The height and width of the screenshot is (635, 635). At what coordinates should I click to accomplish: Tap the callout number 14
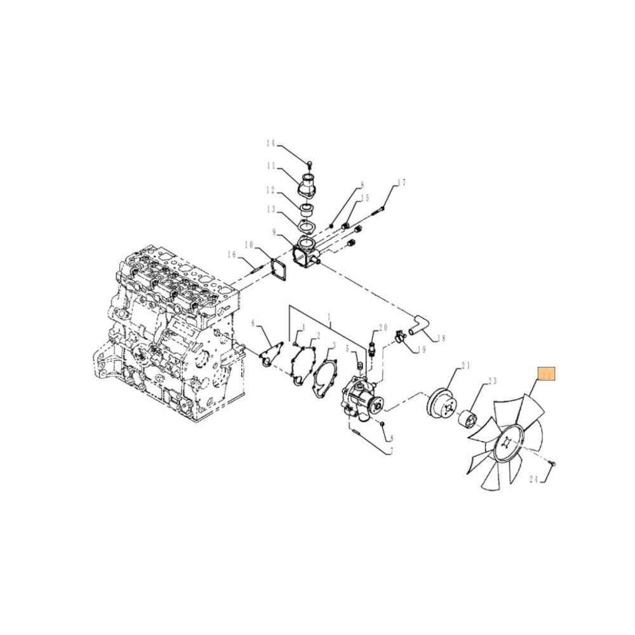pos(271,143)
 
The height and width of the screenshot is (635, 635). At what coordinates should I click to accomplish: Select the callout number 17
pos(400,184)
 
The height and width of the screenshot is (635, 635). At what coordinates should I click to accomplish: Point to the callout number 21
pos(465,366)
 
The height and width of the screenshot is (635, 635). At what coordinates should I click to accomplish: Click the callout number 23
pos(491,382)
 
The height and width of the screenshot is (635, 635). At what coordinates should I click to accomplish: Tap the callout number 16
pos(232,255)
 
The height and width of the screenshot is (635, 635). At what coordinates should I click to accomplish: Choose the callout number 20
pos(382,328)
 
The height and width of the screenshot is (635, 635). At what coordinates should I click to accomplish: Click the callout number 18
pos(441,338)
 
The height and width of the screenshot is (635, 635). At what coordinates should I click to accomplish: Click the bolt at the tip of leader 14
pos(309,161)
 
